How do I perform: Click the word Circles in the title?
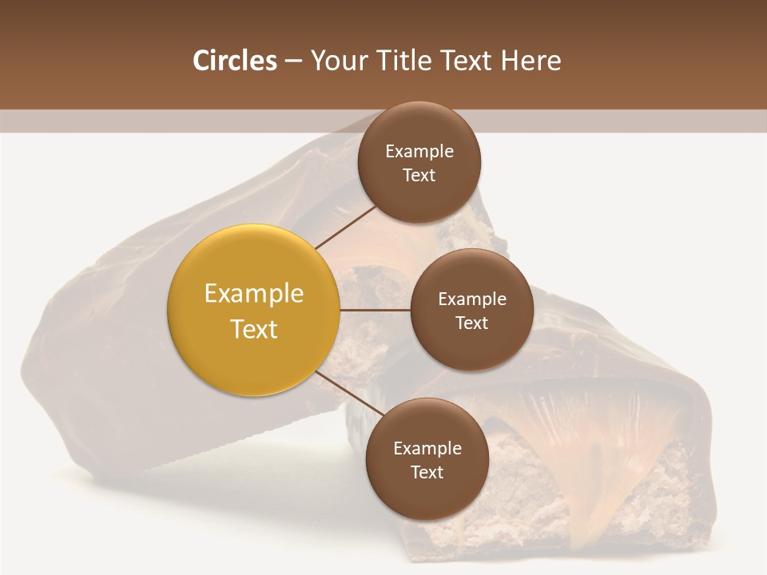234,61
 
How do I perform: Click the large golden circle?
253,310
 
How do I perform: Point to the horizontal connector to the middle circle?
375,310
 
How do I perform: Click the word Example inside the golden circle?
253,293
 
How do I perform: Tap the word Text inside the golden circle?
253,329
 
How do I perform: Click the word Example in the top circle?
419,151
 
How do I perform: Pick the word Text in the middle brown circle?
471,323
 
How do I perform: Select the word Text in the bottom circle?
427,472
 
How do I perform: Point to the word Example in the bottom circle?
427,448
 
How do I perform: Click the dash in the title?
292,61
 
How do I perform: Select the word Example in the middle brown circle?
471,299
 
